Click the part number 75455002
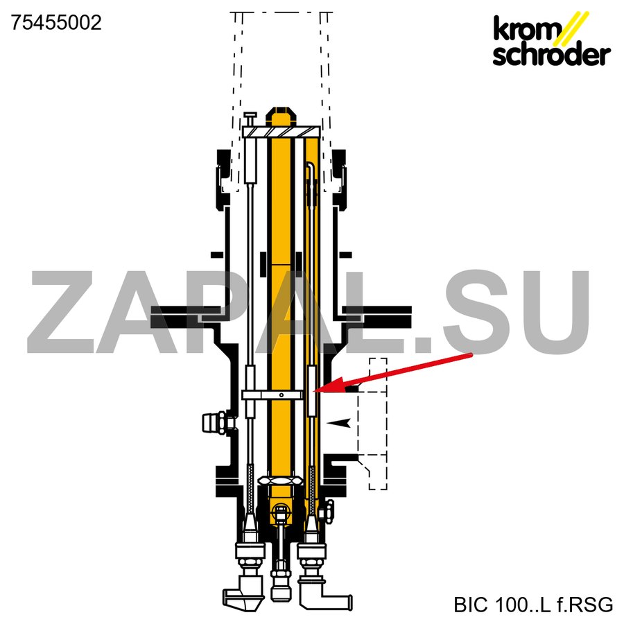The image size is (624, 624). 56,23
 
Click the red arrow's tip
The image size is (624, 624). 314,392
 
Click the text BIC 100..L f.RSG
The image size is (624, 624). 533,605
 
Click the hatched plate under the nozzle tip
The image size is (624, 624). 281,132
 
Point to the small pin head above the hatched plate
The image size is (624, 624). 250,115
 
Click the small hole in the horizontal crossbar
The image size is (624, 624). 281,395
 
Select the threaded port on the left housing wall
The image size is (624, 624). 216,423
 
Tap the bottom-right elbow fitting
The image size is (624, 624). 323,594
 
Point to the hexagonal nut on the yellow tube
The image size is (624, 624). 281,480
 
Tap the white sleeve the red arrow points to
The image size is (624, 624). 312,391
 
